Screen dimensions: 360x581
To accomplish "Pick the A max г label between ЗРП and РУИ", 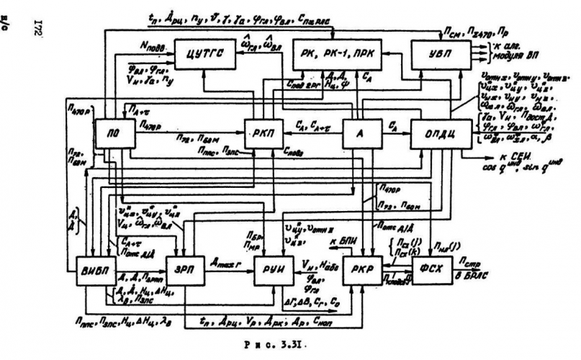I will (229, 263).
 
